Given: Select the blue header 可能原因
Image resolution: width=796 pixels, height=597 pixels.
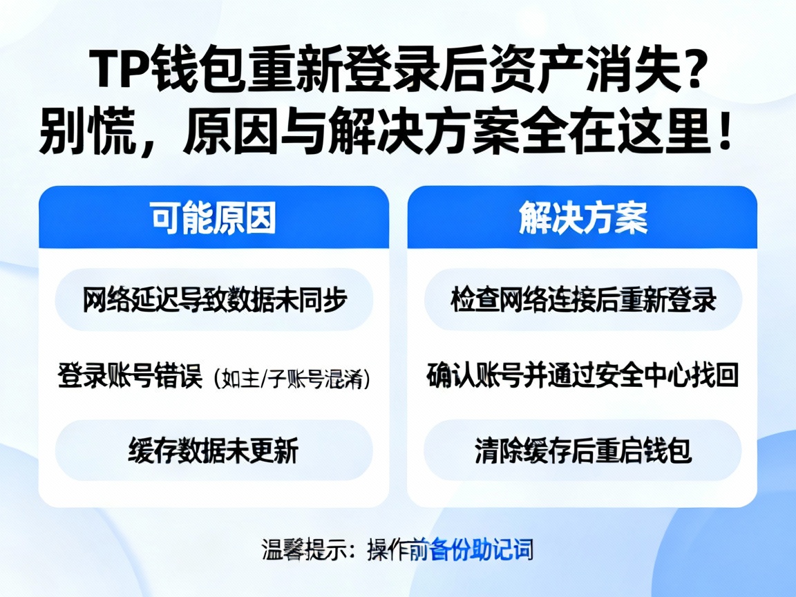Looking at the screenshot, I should pos(214,218).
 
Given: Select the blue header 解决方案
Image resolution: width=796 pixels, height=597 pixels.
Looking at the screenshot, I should pos(582,218).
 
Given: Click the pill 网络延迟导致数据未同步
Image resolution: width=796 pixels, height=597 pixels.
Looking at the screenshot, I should pos(214,300).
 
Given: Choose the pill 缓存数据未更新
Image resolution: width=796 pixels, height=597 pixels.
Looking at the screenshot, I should pos(214,451).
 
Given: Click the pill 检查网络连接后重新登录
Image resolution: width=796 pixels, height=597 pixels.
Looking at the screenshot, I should pos(582,300).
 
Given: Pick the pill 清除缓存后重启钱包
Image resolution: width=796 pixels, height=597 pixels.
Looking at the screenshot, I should pos(582,451).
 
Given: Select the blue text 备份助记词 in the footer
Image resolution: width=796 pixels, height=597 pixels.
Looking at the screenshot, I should pos(481,550).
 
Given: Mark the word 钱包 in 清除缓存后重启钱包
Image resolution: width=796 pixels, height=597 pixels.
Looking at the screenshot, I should pos(671,451).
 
